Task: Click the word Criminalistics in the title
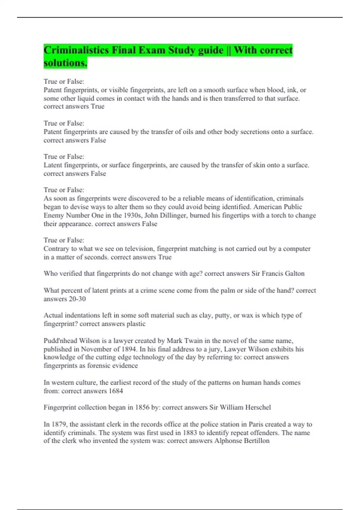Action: pos(76,50)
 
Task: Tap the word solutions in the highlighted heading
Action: pos(65,63)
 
